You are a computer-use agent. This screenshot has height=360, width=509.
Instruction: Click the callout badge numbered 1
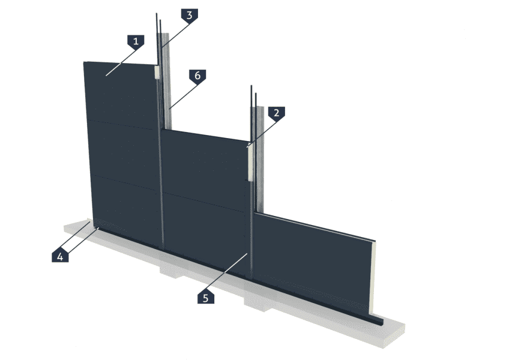pos(136,42)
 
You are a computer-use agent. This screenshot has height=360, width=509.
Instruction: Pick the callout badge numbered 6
pos(197,77)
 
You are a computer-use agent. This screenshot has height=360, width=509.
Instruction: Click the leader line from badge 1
pos(121,63)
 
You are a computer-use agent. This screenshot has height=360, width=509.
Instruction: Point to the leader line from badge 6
pos(184,97)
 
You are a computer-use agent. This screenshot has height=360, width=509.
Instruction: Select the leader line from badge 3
pos(175,37)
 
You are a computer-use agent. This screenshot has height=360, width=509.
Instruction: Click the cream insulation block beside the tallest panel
pos(157,73)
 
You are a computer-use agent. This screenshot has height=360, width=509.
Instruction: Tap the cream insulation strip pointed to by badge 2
pos(250,162)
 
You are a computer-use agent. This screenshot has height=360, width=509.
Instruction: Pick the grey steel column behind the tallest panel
pos(166,81)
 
